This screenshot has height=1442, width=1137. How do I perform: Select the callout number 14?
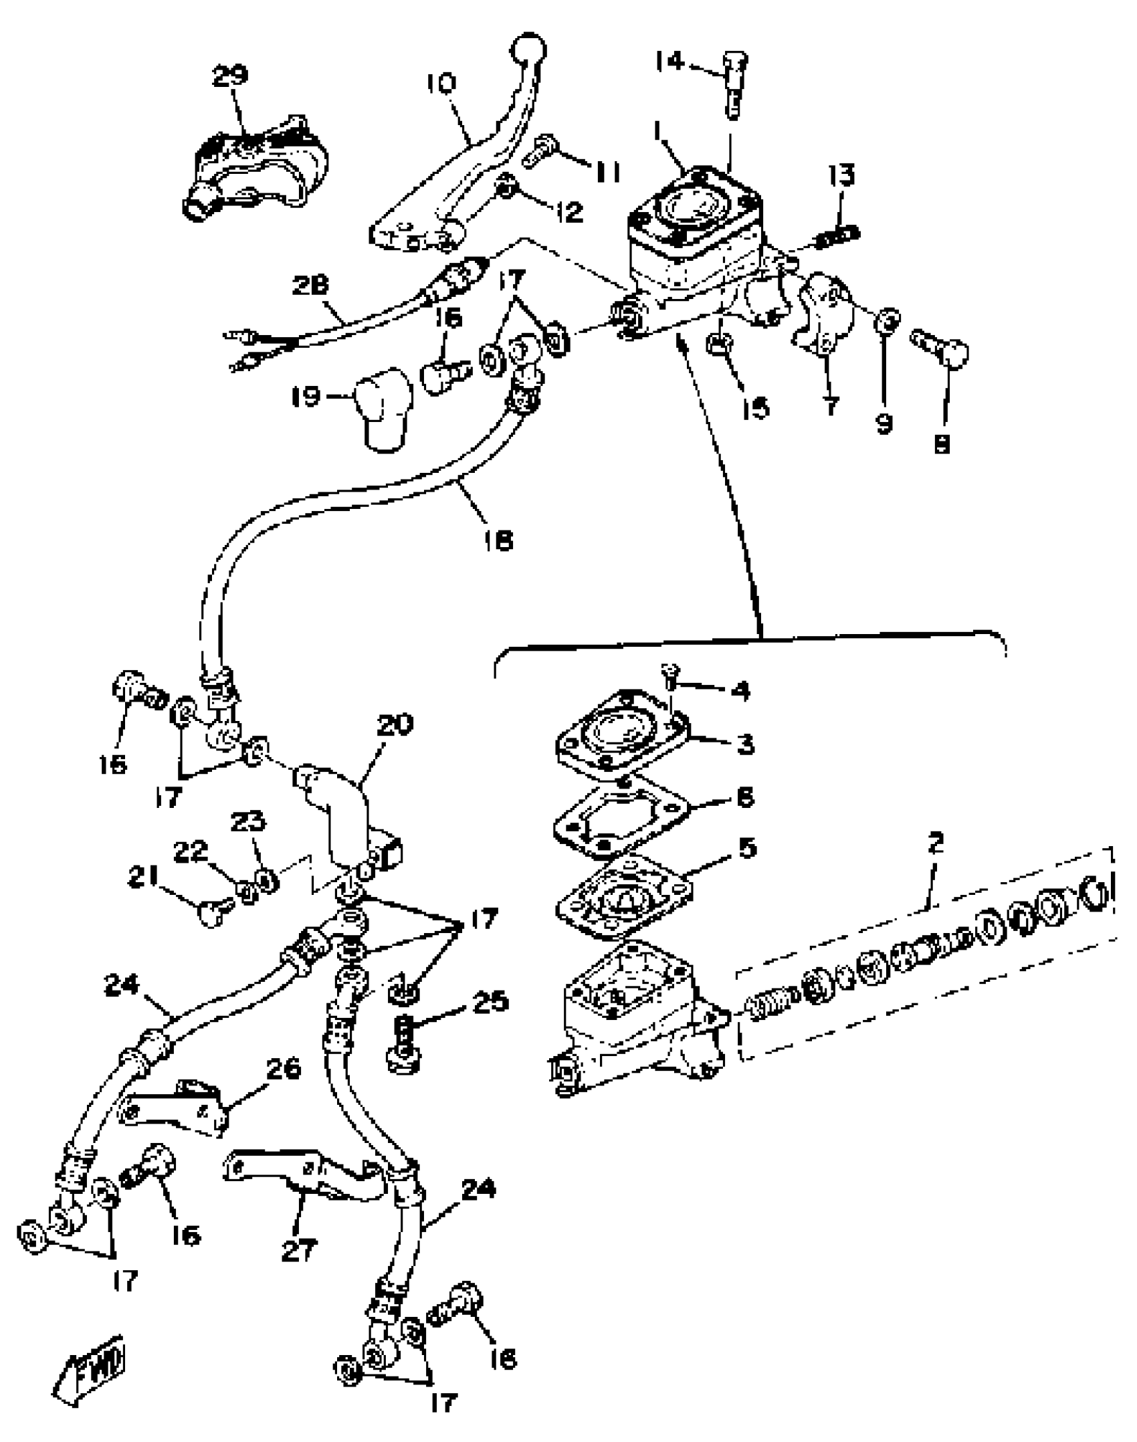(x=669, y=62)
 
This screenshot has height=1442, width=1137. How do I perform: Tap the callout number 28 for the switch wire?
(x=310, y=286)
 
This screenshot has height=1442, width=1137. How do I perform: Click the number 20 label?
(x=395, y=725)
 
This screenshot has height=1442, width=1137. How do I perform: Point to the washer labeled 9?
(x=887, y=322)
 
